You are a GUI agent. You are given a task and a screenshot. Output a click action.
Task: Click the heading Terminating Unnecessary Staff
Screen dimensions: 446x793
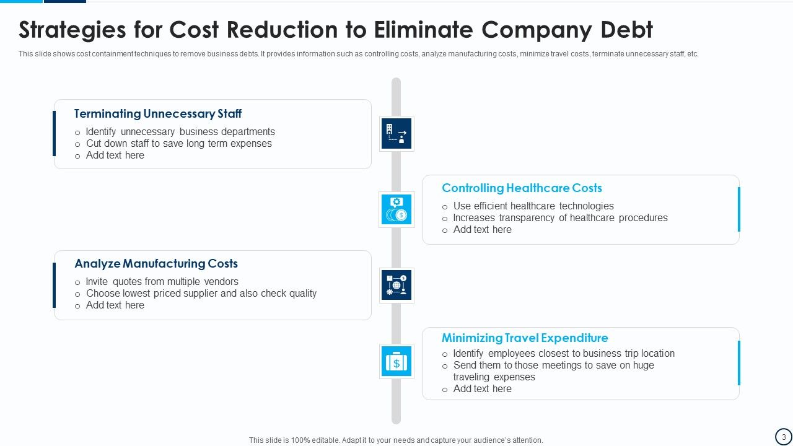tap(158, 114)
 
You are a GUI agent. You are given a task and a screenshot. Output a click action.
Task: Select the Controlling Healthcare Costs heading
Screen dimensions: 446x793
tap(522, 188)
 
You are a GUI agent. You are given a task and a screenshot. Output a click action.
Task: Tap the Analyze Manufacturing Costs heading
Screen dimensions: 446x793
tap(156, 264)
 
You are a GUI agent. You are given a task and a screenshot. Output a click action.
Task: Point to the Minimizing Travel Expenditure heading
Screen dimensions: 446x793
tap(525, 338)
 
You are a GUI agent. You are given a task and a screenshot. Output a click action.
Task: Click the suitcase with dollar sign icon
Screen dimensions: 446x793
tap(396, 361)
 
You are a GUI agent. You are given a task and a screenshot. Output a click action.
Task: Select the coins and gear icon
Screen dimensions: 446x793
tap(396, 209)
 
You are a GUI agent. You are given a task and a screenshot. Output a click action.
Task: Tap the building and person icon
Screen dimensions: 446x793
tap(396, 133)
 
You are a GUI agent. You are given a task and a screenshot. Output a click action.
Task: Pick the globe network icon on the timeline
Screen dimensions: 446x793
tap(396, 285)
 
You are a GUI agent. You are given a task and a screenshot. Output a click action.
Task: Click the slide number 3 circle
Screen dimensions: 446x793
tap(783, 437)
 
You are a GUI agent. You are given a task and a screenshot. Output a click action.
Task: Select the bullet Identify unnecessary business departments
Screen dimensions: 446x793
tap(180, 132)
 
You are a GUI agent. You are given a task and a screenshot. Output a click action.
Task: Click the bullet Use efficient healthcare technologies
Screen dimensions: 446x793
tap(533, 206)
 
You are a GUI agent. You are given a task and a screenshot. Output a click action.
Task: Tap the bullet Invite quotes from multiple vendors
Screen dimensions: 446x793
tap(162, 282)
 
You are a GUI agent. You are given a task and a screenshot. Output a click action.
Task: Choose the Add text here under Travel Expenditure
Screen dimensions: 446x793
tap(482, 389)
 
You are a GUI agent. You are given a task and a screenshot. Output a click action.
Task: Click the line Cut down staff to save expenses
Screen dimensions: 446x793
tap(179, 144)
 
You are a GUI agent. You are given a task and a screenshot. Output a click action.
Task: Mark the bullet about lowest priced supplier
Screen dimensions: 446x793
tap(201, 294)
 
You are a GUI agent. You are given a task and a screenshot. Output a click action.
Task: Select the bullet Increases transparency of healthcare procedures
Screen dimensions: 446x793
tap(560, 218)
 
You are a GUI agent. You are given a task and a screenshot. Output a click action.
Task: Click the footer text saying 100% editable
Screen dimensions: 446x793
tap(396, 440)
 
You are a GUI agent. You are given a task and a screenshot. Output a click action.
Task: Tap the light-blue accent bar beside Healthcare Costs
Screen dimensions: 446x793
tap(738, 209)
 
